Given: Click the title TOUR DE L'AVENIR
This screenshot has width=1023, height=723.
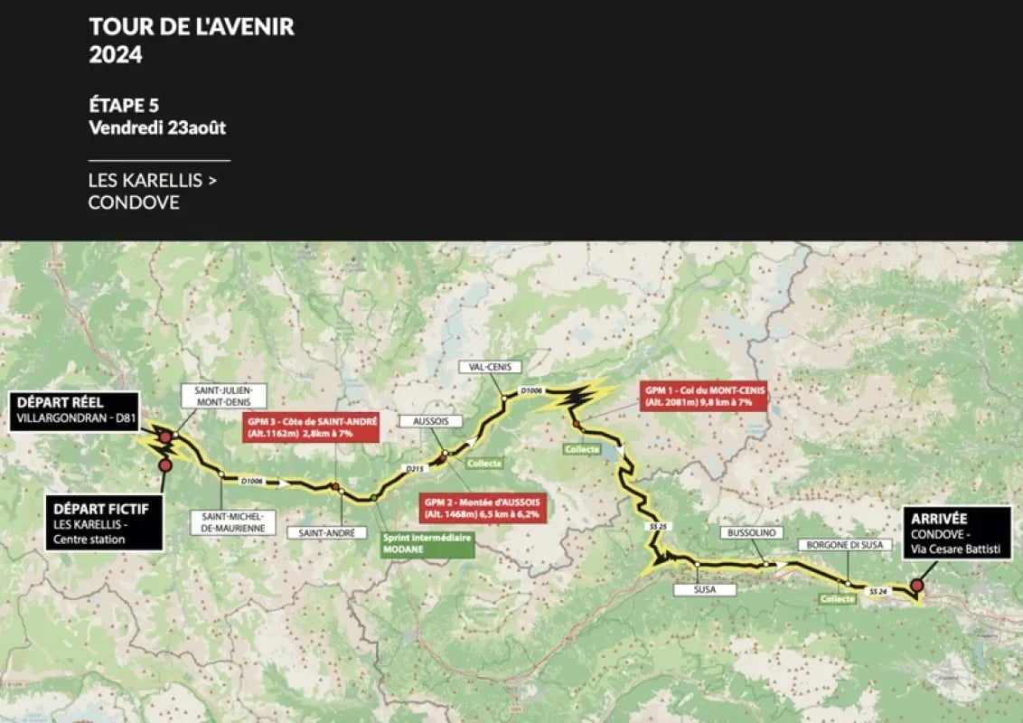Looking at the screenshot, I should tap(192, 26).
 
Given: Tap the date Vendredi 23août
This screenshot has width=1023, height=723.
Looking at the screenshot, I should tap(157, 127).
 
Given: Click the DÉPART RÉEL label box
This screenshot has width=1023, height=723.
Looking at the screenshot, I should tap(75, 410).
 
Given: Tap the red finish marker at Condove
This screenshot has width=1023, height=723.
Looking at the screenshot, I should tap(917, 586).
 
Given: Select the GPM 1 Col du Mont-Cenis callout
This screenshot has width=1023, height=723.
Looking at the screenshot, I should tap(703, 395).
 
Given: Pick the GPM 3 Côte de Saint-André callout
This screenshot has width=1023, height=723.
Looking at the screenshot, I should tap(310, 427).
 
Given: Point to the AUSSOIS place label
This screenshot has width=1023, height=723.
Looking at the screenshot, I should tap(430, 422).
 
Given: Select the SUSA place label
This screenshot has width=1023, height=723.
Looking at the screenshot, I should tap(706, 589).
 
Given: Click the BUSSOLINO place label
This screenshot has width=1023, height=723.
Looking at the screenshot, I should tap(750, 533).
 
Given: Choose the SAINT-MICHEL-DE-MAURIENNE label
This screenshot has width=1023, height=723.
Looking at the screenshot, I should tap(232, 522).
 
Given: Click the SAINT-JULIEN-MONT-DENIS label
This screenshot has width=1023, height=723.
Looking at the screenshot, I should tap(223, 396).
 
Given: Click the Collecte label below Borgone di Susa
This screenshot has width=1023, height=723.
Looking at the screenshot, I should tap(837, 598).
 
